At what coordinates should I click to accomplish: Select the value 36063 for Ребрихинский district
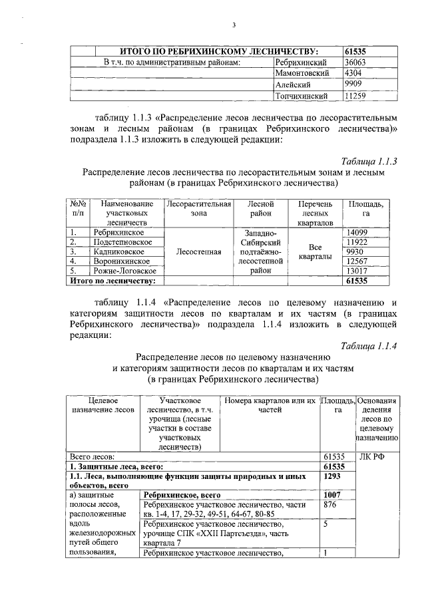[x=355, y=62]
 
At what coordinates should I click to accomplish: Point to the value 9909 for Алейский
[x=353, y=84]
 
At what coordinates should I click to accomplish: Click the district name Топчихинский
[x=302, y=96]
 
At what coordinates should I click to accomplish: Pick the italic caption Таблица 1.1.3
[x=369, y=162]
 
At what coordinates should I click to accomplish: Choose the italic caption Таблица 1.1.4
[x=369, y=345]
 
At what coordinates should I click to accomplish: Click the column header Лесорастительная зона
[x=198, y=209]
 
